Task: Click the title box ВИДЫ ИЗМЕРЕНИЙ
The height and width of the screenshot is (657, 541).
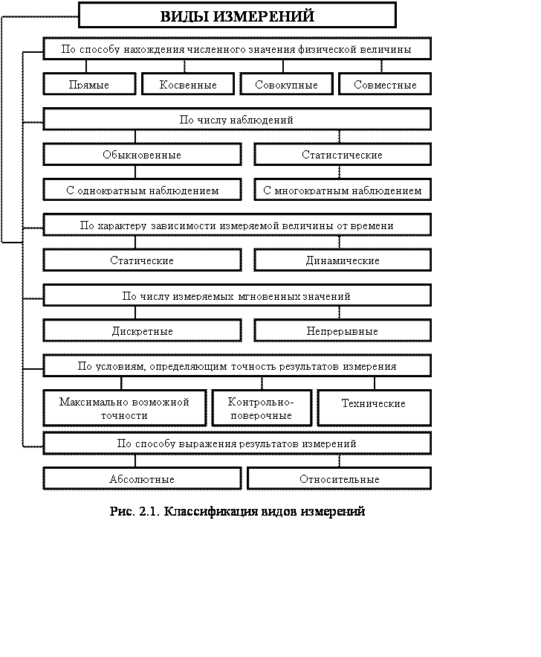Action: (x=237, y=16)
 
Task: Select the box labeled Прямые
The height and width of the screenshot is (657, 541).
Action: (x=89, y=85)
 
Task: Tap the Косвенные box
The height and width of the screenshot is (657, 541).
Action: (x=188, y=85)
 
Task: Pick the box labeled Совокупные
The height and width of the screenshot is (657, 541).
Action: (x=286, y=85)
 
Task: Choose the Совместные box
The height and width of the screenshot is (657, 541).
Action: (x=385, y=85)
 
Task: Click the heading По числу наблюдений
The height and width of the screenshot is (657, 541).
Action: (x=237, y=119)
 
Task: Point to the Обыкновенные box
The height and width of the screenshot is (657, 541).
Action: (x=142, y=155)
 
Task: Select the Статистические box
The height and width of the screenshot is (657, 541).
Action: (x=343, y=155)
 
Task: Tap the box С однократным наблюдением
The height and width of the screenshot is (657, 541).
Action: (x=142, y=190)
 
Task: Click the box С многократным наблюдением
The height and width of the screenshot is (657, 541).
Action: (x=343, y=190)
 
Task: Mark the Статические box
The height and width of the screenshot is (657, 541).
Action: (x=142, y=260)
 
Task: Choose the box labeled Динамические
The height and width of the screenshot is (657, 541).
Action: (x=343, y=260)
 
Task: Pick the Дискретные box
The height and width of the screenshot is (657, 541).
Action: (x=142, y=331)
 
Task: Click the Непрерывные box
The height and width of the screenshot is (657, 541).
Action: (x=343, y=331)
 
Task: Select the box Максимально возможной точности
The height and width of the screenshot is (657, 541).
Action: (x=125, y=408)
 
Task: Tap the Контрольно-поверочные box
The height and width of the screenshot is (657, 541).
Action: (x=262, y=408)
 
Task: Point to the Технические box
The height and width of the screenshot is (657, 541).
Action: (x=374, y=404)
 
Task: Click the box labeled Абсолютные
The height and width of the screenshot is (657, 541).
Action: (x=142, y=479)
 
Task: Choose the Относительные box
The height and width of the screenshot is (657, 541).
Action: (x=340, y=479)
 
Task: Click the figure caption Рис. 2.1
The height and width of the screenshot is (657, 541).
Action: (x=238, y=512)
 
